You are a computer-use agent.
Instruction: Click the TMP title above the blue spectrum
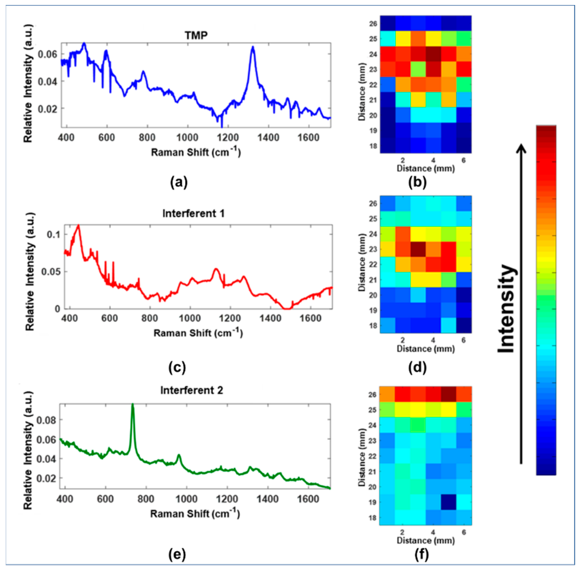(x=196, y=35)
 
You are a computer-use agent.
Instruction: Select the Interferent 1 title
(x=193, y=213)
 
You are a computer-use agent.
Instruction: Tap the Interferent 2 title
(x=191, y=390)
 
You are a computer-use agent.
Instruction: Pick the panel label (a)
(x=179, y=182)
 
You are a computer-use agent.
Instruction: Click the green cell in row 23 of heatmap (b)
(x=418, y=69)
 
